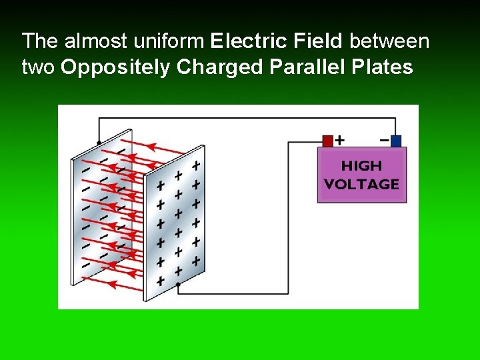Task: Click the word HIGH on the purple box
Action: point(362,165)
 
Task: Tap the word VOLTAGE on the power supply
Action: point(362,184)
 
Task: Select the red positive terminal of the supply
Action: point(327,141)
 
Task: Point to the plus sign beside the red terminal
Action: point(340,140)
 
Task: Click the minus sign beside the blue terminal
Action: point(384,140)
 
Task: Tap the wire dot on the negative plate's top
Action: point(99,143)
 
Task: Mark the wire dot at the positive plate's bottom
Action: point(178,284)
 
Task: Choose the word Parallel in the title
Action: point(299,67)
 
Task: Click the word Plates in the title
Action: point(381,67)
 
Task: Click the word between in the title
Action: point(390,41)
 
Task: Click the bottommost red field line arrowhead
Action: point(112,285)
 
